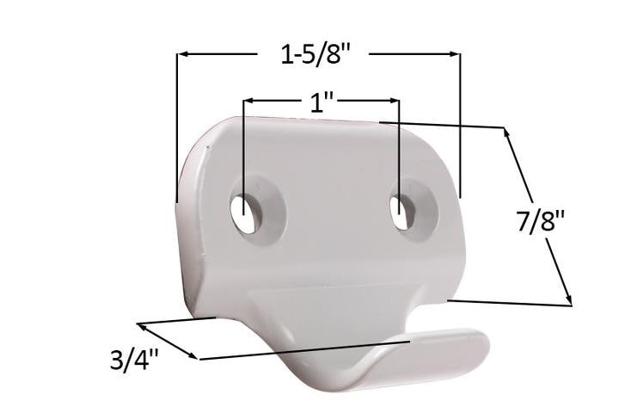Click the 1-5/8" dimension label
pyautogui.click(x=317, y=55)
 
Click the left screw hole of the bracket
pyautogui.click(x=245, y=209)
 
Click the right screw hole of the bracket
pyautogui.click(x=401, y=211)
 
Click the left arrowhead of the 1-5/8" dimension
pyautogui.click(x=182, y=55)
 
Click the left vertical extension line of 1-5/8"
pyautogui.click(x=177, y=129)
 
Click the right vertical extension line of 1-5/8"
pyautogui.click(x=460, y=129)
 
